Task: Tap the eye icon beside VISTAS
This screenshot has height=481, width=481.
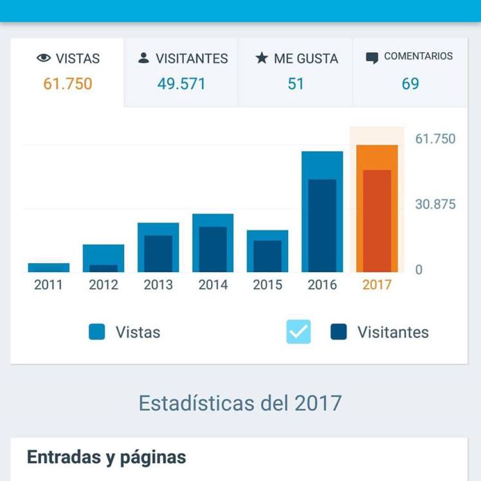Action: point(44,59)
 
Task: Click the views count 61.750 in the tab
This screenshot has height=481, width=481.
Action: point(68,84)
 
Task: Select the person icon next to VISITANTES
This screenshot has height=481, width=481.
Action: point(144,58)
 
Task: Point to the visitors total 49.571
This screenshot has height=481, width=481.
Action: point(181,84)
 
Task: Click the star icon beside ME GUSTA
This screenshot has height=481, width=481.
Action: point(261,58)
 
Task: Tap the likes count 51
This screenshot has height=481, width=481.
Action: point(296,84)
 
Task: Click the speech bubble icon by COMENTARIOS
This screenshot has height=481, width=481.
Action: point(372,58)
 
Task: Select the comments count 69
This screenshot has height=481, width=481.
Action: point(410,84)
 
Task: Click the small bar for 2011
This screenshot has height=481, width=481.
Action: point(49,268)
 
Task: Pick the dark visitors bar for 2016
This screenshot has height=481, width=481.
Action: point(322,225)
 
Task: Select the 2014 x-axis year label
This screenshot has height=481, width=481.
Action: point(213,285)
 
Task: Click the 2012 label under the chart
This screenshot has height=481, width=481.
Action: point(104,285)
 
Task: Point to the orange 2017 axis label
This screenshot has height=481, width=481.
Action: point(377,285)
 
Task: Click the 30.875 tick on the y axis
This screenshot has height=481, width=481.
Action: point(435,204)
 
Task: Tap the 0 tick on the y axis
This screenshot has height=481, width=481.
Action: point(419,270)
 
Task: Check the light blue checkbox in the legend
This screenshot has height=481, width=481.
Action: point(298,332)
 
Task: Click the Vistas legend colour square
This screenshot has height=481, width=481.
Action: point(97,332)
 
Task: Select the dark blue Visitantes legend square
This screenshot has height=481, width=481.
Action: point(339,332)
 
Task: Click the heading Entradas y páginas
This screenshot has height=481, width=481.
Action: point(107,457)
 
